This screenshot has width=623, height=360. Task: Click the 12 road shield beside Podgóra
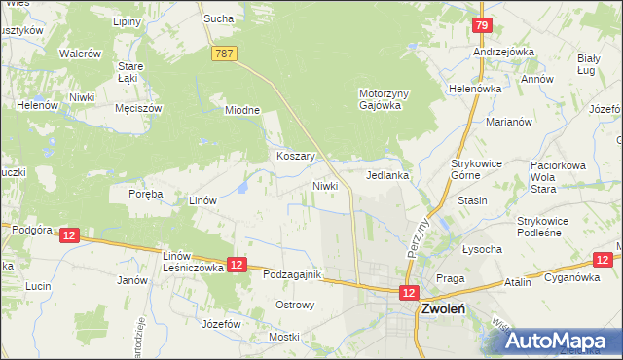[x=68, y=235]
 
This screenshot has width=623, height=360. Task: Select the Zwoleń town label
[x=442, y=308]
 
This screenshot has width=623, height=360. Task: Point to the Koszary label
[x=294, y=156]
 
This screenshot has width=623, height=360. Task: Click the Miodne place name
[x=242, y=110]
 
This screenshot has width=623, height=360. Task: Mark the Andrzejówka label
[x=499, y=52]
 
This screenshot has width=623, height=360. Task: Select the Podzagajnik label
[x=292, y=275]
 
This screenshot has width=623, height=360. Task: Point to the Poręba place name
[x=145, y=194]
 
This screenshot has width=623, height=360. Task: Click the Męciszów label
[x=137, y=108]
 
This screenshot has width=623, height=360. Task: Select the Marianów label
[x=508, y=123]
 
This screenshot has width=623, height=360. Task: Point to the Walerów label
[x=80, y=54]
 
